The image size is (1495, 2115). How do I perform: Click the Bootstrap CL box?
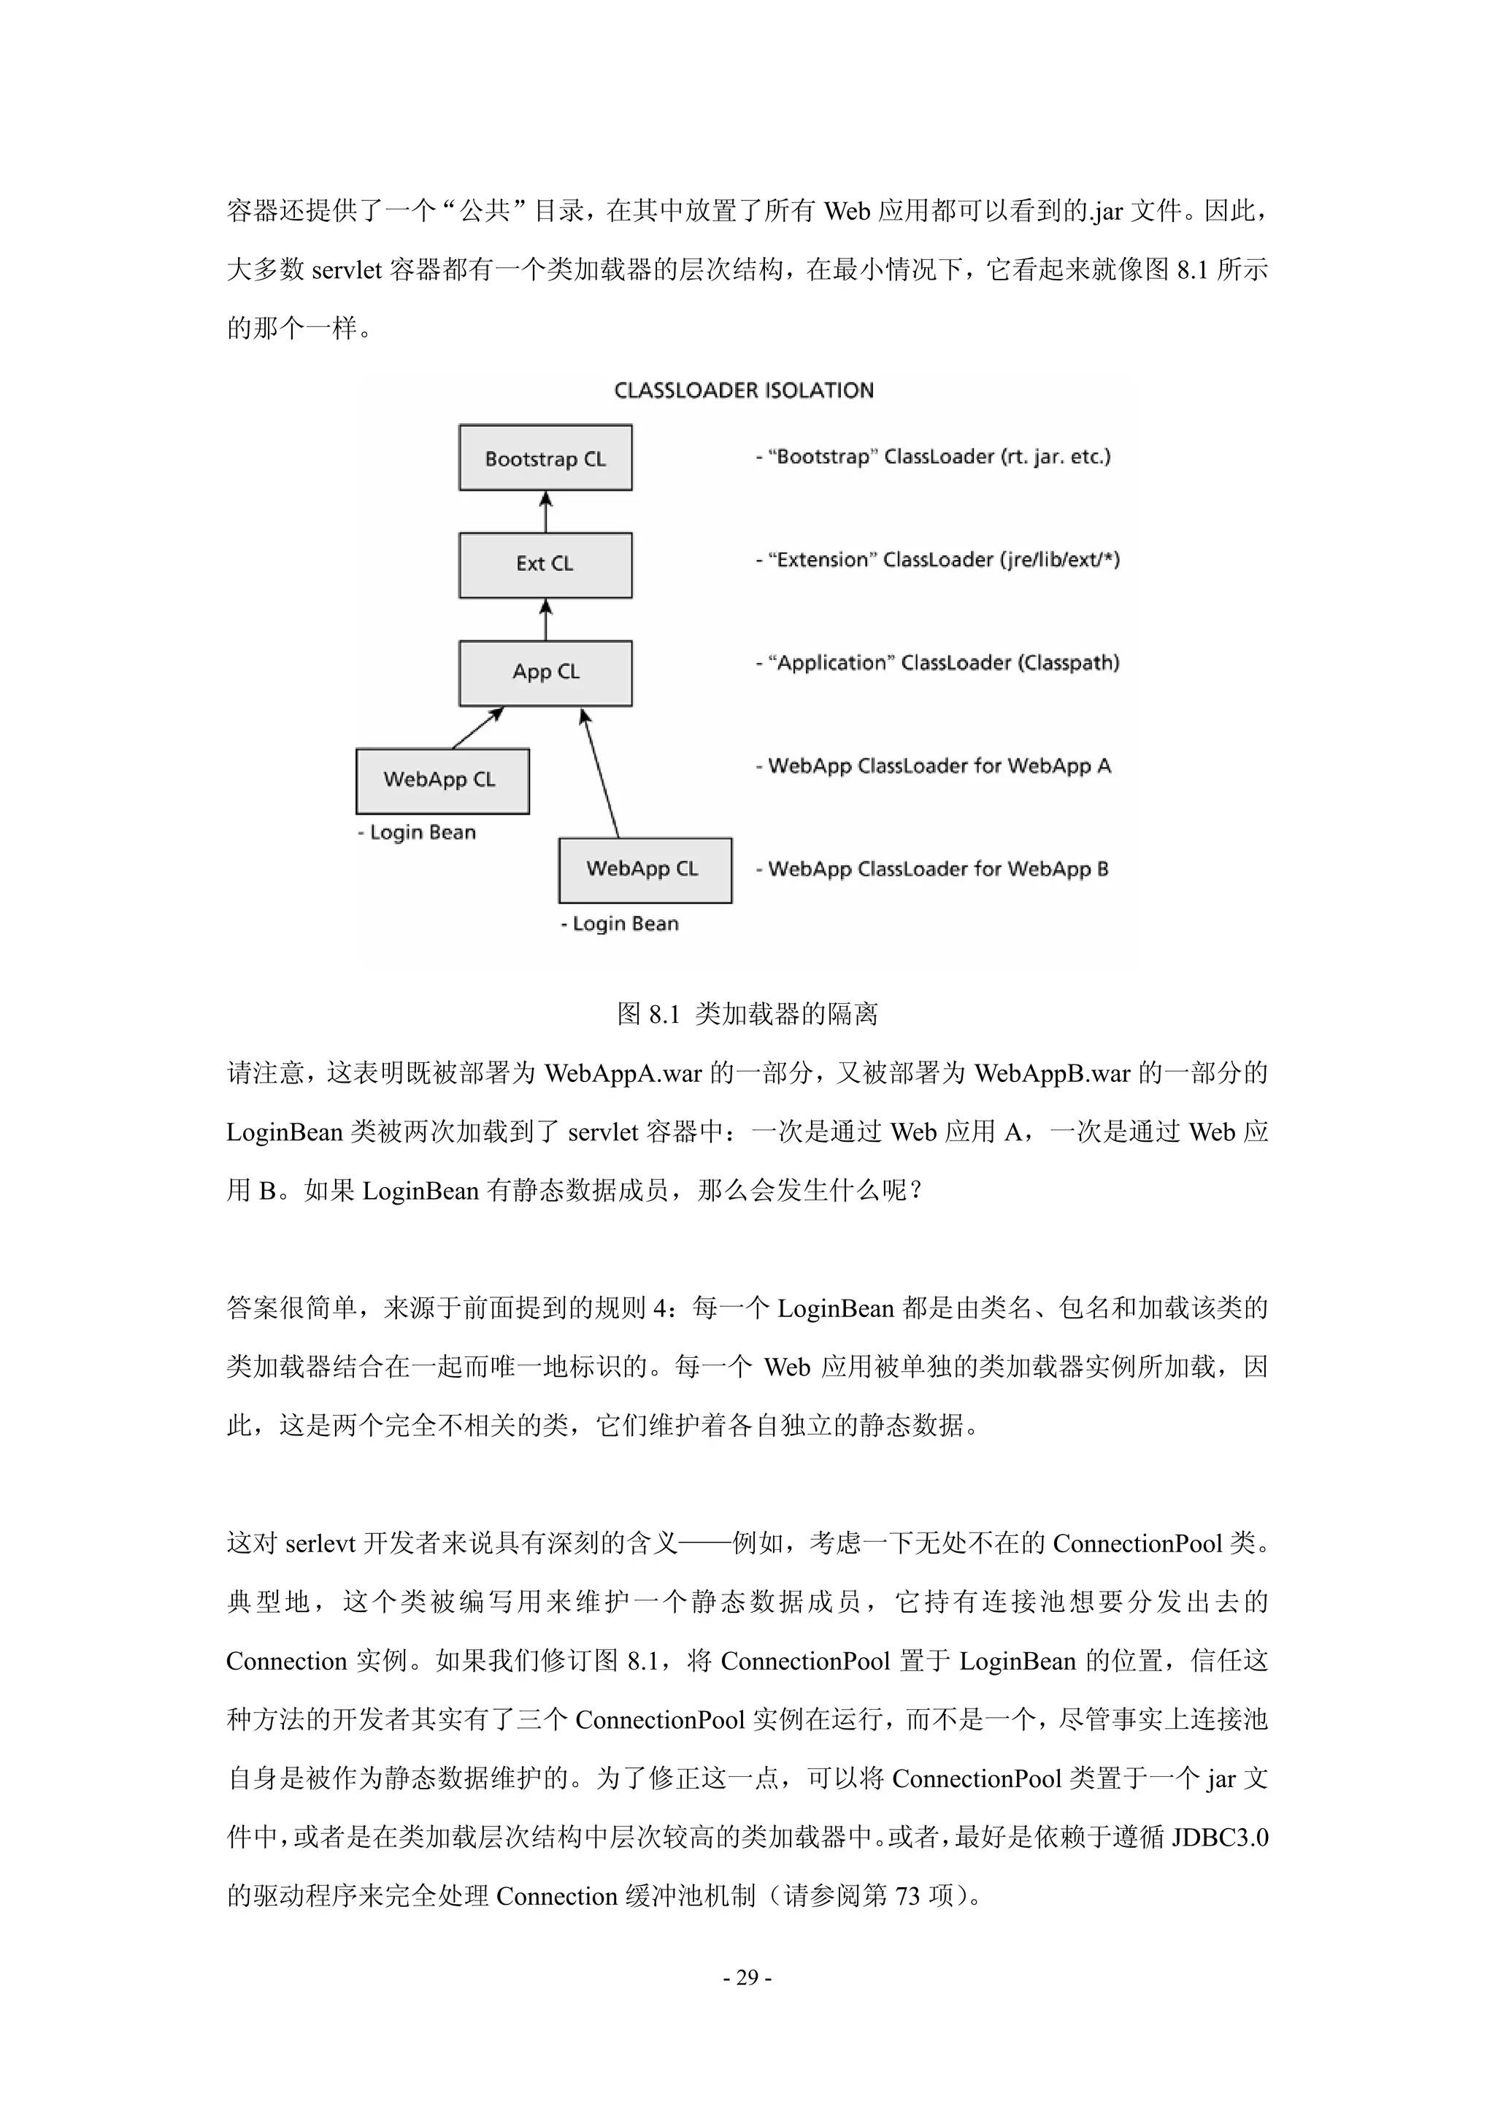[x=545, y=458]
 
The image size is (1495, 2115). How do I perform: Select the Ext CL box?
[x=545, y=564]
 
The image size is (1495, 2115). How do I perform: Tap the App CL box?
[x=545, y=672]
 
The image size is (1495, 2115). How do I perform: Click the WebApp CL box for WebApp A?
[x=442, y=780]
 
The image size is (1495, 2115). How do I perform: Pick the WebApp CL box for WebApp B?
[x=645, y=870]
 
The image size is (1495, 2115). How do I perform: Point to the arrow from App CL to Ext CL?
[x=545, y=619]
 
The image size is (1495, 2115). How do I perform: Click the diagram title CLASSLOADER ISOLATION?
[x=743, y=391]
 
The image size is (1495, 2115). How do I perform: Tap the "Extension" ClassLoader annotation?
[x=938, y=560]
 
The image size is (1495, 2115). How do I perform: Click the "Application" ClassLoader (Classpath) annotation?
[x=938, y=663]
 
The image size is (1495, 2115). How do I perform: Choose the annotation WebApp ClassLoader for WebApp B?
[x=932, y=870]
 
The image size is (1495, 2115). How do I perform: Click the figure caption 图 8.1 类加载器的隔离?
[x=747, y=1014]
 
